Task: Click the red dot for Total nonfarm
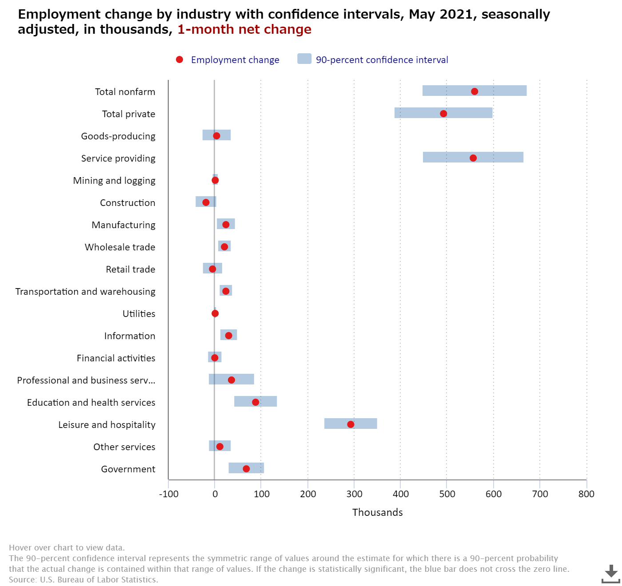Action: [474, 91]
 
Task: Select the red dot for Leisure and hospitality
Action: [351, 424]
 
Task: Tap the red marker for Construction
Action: [206, 202]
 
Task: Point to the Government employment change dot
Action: [246, 469]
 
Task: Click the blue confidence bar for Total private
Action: [443, 113]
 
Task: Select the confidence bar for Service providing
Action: [473, 157]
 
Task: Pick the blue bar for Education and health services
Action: [255, 401]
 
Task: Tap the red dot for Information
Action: [229, 336]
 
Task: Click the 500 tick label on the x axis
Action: [447, 494]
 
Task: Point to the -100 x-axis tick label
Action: [168, 494]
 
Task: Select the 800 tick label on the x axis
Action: [586, 494]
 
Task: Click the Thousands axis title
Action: [377, 512]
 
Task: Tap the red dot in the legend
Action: [179, 59]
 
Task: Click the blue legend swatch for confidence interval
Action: [304, 59]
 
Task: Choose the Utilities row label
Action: [139, 314]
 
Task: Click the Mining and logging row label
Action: [114, 181]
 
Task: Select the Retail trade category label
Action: [130, 269]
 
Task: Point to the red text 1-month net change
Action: [244, 29]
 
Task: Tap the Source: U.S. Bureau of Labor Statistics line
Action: [84, 579]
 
